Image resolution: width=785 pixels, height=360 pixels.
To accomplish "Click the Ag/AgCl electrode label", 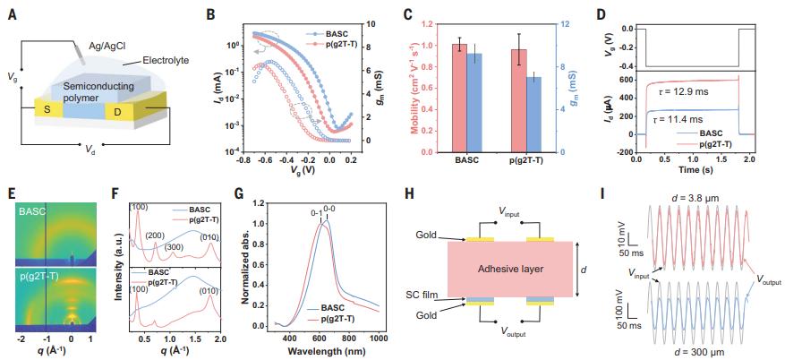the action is pyautogui.click(x=107, y=46).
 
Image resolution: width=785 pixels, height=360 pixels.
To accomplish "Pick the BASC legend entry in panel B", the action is pyautogui.click(x=328, y=35).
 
